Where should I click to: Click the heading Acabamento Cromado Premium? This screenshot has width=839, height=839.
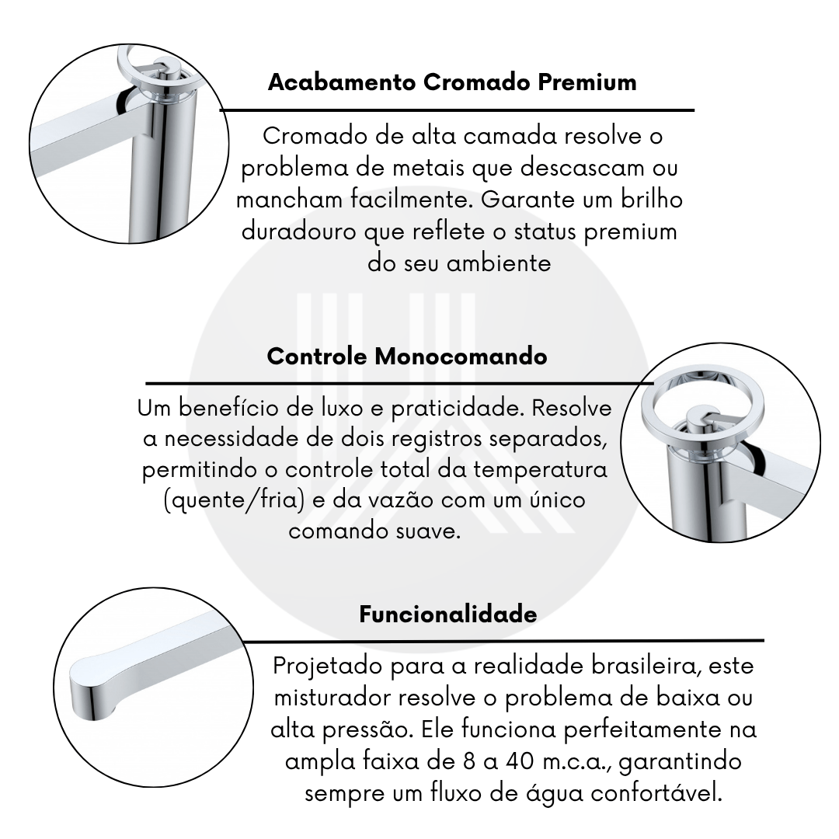tap(452, 82)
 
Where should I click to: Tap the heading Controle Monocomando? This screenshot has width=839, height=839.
tap(406, 357)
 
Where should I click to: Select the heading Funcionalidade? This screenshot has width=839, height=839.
tap(448, 614)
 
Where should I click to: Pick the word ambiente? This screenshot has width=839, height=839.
tap(499, 263)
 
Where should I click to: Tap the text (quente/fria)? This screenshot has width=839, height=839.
tap(235, 501)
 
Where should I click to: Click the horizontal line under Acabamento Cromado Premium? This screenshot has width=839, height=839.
tap(457, 110)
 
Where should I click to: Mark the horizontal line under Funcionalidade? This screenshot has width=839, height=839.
tap(503, 640)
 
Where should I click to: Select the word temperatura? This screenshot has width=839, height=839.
tap(541, 470)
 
